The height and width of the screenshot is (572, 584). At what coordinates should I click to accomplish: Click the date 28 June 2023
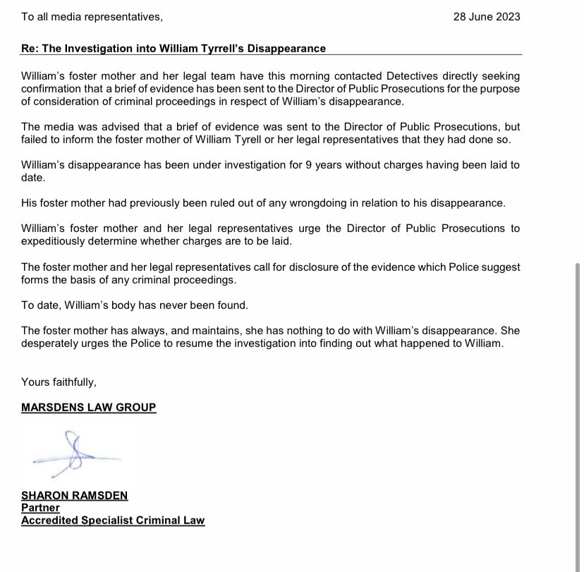(x=487, y=16)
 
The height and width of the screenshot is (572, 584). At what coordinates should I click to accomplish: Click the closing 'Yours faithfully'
(x=58, y=382)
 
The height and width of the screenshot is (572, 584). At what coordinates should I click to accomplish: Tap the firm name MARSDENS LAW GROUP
(x=89, y=408)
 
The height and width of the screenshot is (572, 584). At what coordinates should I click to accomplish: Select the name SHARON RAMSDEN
(x=75, y=495)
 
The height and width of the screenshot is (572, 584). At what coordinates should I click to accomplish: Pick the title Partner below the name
(x=40, y=508)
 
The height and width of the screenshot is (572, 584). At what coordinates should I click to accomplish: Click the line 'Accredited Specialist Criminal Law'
(x=113, y=521)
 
